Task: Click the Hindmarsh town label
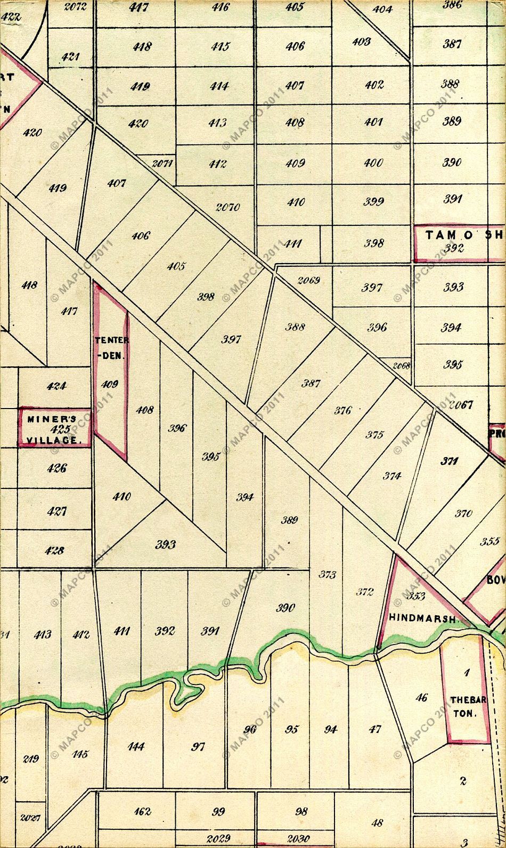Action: coord(423,619)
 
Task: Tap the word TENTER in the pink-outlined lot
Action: coord(109,340)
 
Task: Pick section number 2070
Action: coord(227,208)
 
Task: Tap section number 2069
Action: coord(308,280)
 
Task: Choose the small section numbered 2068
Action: coord(401,366)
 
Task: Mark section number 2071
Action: coord(161,164)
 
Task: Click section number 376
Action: coord(342,411)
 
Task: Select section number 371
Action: coord(449,461)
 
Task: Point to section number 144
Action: coord(136,747)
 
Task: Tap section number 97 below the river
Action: coord(198,747)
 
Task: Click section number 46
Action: coord(421,697)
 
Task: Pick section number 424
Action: coord(56,386)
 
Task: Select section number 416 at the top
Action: coord(220,7)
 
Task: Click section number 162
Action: coord(142,812)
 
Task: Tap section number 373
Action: coord(327,575)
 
